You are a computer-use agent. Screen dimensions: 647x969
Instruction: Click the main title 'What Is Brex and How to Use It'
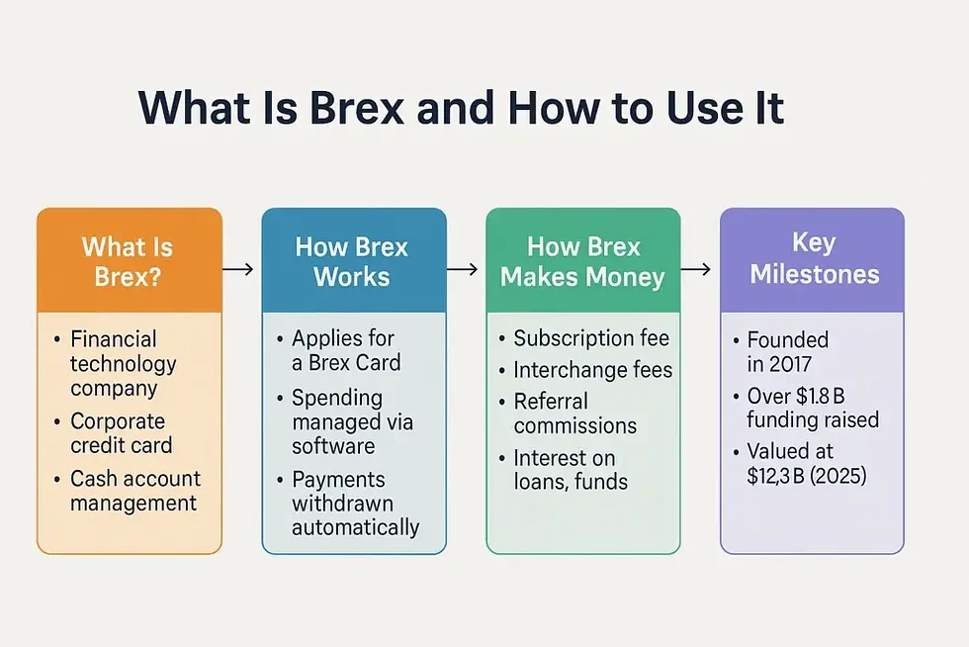462,107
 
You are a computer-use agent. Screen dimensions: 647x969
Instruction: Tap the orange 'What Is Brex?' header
128,260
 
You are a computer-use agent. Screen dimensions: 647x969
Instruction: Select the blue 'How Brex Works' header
352,260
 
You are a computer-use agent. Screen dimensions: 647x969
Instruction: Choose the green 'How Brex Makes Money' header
582,260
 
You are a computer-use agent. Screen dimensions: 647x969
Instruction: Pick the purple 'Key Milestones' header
814,258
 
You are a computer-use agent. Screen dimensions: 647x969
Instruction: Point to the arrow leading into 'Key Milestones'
696,268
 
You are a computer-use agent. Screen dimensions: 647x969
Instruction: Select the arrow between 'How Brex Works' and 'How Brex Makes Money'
464,268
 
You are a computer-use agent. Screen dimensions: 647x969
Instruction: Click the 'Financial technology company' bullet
123,363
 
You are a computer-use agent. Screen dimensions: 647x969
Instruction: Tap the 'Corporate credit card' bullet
121,432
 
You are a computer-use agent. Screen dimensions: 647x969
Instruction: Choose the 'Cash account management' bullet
133,491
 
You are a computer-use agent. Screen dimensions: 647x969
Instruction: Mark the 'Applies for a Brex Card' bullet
346,350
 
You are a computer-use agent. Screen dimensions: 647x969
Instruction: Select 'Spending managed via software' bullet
351,421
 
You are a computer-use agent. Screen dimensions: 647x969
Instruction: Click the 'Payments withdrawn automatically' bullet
354,503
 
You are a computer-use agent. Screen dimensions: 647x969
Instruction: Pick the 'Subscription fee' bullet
590,338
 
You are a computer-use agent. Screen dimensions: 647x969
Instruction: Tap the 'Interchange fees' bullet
592,370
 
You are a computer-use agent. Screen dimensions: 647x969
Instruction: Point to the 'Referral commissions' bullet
574,414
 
